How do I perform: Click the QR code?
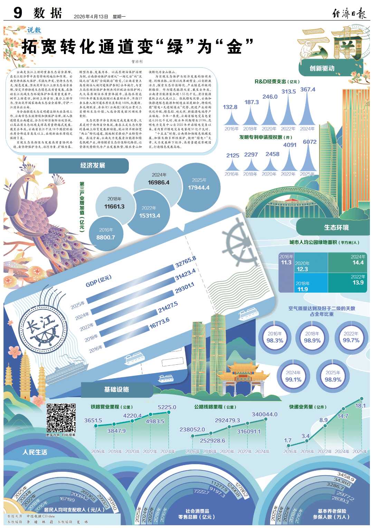coord(61,418)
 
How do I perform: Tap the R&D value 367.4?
coord(307,89)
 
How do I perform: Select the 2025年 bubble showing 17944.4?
coord(199,184)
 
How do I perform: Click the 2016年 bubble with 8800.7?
coord(106,234)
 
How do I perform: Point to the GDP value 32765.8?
coord(185,262)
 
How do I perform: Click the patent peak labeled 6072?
coord(309,142)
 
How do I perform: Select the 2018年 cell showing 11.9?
coord(303,286)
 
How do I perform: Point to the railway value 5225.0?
coord(167,407)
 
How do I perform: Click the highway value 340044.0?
coord(265,414)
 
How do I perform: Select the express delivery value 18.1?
coord(360,405)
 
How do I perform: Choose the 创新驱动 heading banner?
coord(322,68)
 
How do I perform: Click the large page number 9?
coord(18,13)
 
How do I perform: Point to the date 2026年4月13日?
coord(91,17)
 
